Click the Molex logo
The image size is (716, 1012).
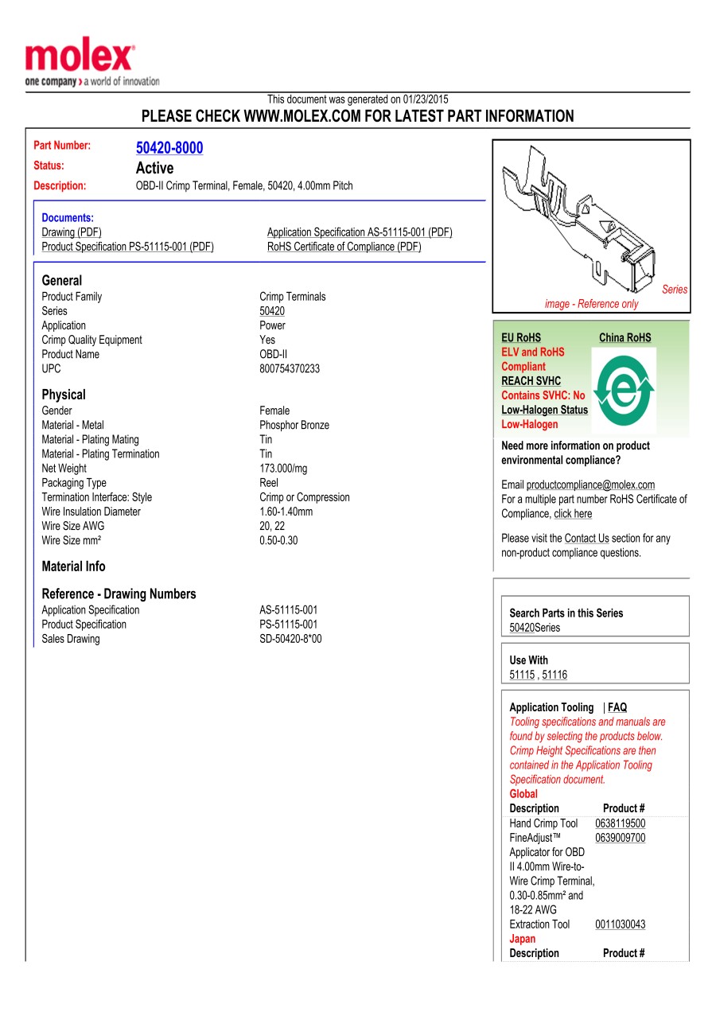[80, 59]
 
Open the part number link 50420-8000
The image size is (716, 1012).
[169, 148]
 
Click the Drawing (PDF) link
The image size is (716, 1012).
[72, 232]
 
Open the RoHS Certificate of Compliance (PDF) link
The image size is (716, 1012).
[344, 247]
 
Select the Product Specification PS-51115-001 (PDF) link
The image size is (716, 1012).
[127, 247]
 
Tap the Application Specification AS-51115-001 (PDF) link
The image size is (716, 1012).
[360, 232]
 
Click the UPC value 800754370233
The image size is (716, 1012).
[290, 369]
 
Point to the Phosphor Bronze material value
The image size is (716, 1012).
[294, 426]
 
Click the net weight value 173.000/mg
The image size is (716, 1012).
[283, 469]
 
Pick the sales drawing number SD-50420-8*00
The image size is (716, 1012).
[290, 640]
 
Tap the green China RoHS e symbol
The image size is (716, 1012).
[625, 388]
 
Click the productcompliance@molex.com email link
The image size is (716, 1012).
[590, 485]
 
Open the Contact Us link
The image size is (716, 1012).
[586, 539]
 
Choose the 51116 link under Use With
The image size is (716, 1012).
[555, 675]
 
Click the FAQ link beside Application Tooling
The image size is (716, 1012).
[617, 707]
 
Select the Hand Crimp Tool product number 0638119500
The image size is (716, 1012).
[621, 824]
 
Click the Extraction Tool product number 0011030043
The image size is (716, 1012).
[621, 924]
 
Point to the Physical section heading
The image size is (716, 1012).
[64, 395]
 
